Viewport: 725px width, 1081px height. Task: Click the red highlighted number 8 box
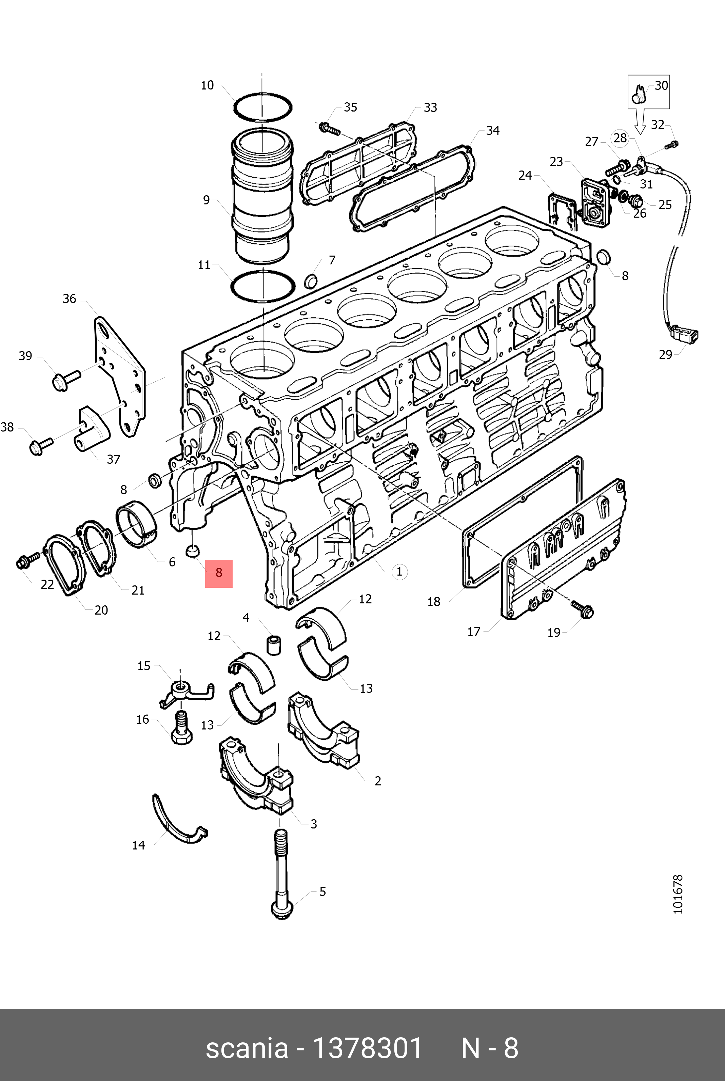(x=219, y=574)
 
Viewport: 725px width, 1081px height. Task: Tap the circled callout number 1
(x=399, y=572)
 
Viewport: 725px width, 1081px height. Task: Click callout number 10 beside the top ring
(x=207, y=85)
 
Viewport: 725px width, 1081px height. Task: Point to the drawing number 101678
(x=678, y=894)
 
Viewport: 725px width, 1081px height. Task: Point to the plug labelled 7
(x=311, y=280)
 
